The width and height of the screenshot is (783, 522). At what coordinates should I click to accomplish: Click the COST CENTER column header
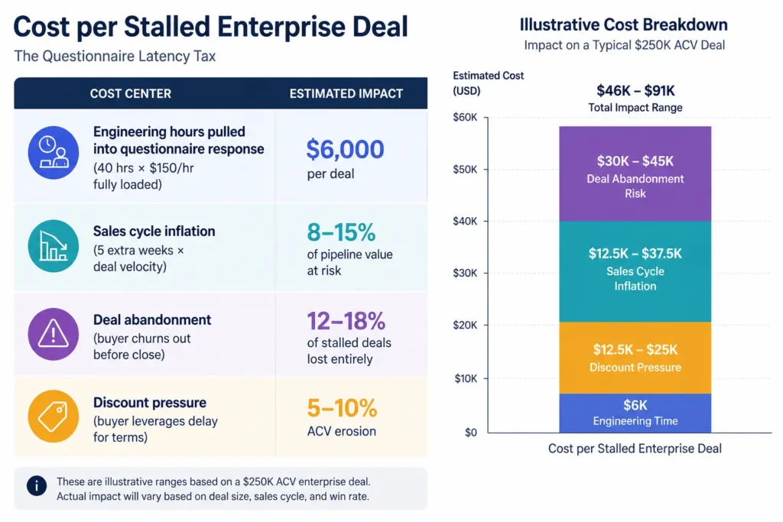(131, 93)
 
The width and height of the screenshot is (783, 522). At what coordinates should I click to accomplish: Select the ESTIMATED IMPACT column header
(346, 93)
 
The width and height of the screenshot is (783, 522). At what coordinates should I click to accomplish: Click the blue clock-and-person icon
(53, 152)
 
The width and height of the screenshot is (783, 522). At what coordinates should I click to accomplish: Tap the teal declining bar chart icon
(53, 244)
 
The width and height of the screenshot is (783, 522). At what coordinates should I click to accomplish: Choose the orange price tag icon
(53, 416)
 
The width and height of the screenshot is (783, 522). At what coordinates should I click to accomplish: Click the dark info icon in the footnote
(35, 486)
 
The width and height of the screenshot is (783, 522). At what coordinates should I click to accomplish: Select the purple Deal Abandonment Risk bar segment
(635, 176)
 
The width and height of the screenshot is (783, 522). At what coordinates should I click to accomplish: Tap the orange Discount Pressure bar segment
(635, 358)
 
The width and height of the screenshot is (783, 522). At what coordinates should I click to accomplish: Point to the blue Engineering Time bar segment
(635, 413)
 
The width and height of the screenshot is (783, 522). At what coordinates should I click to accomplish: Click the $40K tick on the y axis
(466, 222)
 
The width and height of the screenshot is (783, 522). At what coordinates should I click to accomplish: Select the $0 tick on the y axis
(469, 433)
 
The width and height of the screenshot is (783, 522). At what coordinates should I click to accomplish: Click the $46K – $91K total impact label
(635, 90)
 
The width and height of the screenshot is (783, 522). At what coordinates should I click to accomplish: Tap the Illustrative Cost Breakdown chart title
(623, 25)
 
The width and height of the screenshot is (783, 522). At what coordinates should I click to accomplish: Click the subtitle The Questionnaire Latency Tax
(115, 57)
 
